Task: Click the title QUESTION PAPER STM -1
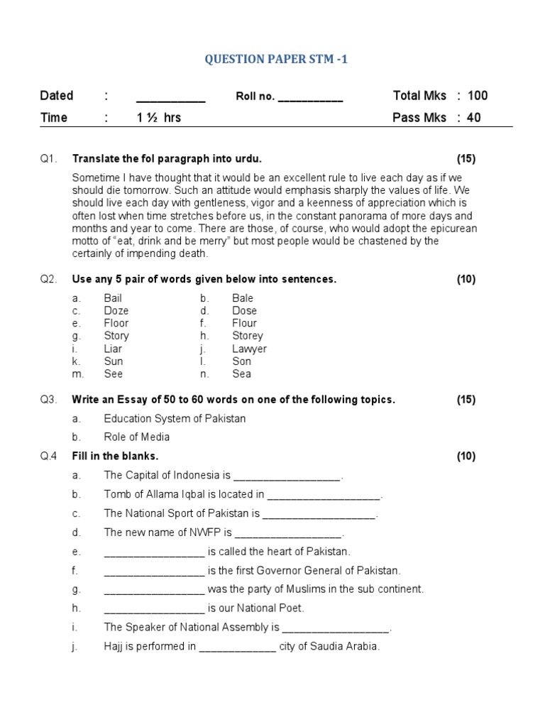click(275, 60)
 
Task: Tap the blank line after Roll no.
click(310, 98)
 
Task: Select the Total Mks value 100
click(478, 96)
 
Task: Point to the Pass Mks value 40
click(474, 117)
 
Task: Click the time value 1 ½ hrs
click(159, 117)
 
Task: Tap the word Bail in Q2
click(113, 298)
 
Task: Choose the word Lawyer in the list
click(249, 349)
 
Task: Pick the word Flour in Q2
click(244, 323)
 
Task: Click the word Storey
click(247, 336)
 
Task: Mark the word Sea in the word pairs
click(241, 373)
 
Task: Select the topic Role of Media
click(136, 437)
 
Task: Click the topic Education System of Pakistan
click(175, 418)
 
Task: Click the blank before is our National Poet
click(154, 608)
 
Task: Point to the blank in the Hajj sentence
click(237, 647)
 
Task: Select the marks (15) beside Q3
click(466, 400)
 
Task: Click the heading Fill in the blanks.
click(115, 456)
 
